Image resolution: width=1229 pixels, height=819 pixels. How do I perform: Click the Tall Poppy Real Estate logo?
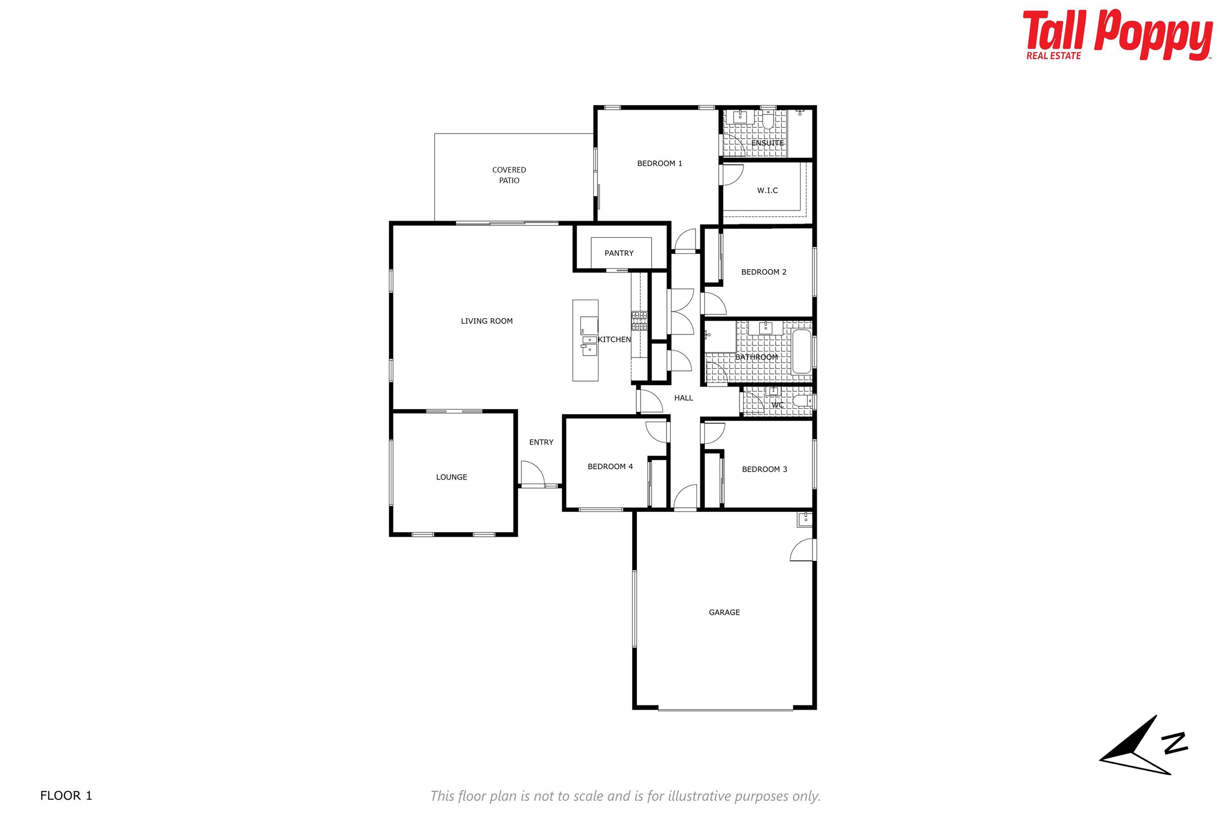click(x=1117, y=35)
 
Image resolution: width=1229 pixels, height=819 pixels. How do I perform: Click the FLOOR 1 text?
click(x=66, y=796)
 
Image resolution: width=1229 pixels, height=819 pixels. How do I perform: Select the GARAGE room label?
click(x=724, y=612)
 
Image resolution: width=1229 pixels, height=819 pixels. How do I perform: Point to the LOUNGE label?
click(x=452, y=477)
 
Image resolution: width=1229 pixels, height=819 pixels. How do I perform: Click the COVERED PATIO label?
click(x=509, y=175)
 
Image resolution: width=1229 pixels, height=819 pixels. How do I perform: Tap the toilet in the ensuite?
click(x=767, y=121)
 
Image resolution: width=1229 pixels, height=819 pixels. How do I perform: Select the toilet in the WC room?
click(x=802, y=401)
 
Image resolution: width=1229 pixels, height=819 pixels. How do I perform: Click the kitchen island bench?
click(x=585, y=340)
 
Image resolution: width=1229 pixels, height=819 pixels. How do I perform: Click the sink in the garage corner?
click(x=805, y=519)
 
